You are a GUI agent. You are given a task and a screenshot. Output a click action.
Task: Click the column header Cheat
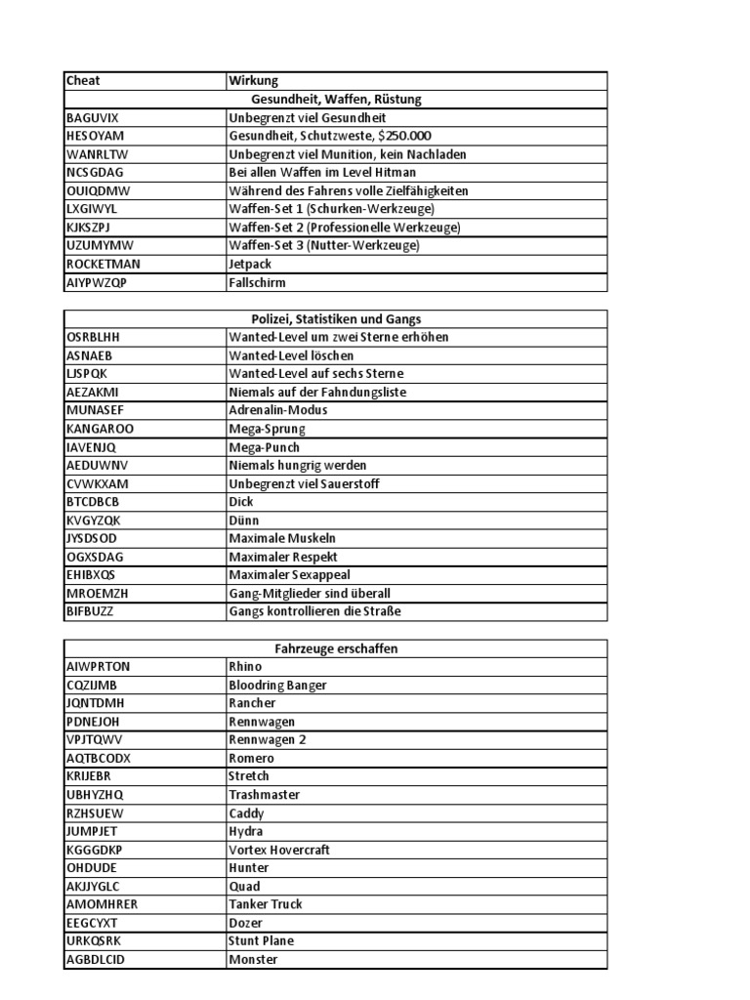(83, 81)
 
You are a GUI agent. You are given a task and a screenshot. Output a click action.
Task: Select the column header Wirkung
(253, 81)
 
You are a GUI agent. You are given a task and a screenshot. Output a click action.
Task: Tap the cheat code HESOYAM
(95, 136)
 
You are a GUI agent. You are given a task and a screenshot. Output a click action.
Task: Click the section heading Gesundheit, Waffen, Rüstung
(336, 100)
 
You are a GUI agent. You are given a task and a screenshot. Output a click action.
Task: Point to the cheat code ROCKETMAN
(102, 265)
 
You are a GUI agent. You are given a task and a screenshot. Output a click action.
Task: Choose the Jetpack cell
(250, 265)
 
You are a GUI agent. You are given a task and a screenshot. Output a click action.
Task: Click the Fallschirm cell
(257, 283)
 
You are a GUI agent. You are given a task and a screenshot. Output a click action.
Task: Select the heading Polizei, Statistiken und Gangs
(336, 319)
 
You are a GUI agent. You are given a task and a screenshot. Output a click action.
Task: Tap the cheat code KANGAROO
(100, 429)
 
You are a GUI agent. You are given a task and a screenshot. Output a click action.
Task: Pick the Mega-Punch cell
(264, 447)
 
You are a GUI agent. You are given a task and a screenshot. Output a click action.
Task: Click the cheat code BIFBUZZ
(92, 612)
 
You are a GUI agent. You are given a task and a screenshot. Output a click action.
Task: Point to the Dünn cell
(244, 521)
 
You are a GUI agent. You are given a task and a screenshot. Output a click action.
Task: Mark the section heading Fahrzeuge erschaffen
(336, 648)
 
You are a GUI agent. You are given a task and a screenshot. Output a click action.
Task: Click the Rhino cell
(245, 667)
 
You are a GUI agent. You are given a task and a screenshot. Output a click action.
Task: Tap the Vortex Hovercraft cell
(279, 851)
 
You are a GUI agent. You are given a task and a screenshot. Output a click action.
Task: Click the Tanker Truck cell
(266, 904)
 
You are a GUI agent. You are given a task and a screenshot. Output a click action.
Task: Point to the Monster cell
(253, 960)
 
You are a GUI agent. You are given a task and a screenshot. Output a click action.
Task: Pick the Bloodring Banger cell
(277, 686)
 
